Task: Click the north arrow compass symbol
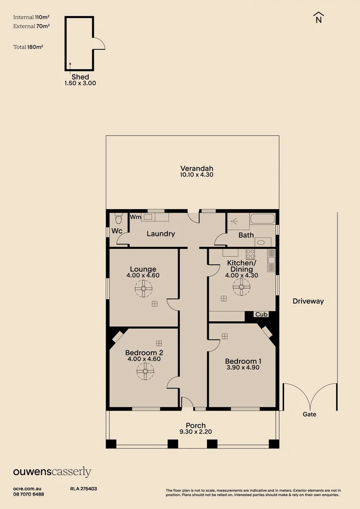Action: pyautogui.click(x=319, y=17)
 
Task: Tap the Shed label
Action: pyautogui.click(x=80, y=77)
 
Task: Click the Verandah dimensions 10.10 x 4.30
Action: pyautogui.click(x=196, y=175)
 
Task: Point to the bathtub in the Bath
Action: pyautogui.click(x=262, y=219)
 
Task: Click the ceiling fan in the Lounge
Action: pyautogui.click(x=143, y=288)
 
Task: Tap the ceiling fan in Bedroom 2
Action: pyautogui.click(x=145, y=371)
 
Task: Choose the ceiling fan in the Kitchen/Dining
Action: pyautogui.click(x=242, y=287)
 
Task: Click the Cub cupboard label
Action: pyautogui.click(x=262, y=314)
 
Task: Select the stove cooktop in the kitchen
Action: pyautogui.click(x=250, y=254)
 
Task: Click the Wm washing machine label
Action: pyautogui.click(x=135, y=217)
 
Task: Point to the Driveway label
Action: pyautogui.click(x=308, y=301)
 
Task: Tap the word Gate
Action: pyautogui.click(x=310, y=414)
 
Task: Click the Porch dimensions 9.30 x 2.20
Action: pyautogui.click(x=196, y=432)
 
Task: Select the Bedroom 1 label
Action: pyautogui.click(x=243, y=361)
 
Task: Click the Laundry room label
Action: pyautogui.click(x=161, y=234)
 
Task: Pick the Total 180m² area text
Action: pyautogui.click(x=28, y=47)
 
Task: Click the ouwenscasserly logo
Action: pyautogui.click(x=52, y=472)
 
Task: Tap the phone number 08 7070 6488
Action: pyautogui.click(x=29, y=494)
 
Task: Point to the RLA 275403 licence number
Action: pyautogui.click(x=83, y=489)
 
